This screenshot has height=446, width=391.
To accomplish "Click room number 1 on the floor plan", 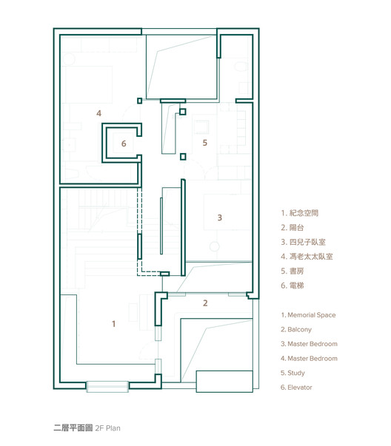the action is pyautogui.click(x=113, y=324).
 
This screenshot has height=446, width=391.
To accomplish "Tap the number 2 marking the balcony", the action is pyautogui.click(x=205, y=303).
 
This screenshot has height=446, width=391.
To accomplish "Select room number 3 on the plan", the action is pyautogui.click(x=219, y=217).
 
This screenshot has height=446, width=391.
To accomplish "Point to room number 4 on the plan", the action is pyautogui.click(x=98, y=113).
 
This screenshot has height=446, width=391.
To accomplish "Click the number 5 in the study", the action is pyautogui.click(x=204, y=143).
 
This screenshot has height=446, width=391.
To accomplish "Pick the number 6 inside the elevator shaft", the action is pyautogui.click(x=124, y=143).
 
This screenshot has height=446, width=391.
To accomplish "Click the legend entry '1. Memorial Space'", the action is pyautogui.click(x=308, y=315).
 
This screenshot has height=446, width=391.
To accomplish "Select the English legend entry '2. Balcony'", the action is pyautogui.click(x=296, y=330).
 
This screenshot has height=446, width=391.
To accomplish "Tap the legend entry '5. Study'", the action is pyautogui.click(x=293, y=373).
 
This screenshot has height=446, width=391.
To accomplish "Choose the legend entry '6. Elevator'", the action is pyautogui.click(x=296, y=388).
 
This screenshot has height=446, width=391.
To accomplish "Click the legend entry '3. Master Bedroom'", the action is pyautogui.click(x=309, y=344).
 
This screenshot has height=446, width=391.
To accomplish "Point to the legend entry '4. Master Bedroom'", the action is pyautogui.click(x=309, y=359).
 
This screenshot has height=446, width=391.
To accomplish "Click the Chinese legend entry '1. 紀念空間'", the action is pyautogui.click(x=300, y=213).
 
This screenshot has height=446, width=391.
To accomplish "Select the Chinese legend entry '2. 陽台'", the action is pyautogui.click(x=293, y=228).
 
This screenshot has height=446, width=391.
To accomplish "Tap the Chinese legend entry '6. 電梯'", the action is pyautogui.click(x=293, y=285).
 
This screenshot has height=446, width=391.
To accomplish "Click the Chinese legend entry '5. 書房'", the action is pyautogui.click(x=293, y=271).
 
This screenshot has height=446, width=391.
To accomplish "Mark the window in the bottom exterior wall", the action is pyautogui.click(x=107, y=387).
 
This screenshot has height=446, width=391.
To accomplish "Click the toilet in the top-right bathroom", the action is pyautogui.click(x=241, y=67).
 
